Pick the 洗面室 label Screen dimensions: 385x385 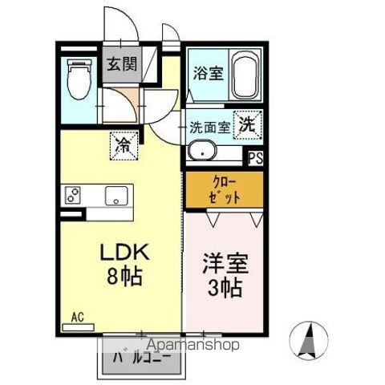(211, 127)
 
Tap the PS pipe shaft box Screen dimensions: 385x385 (256, 158)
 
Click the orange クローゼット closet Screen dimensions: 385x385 (225, 191)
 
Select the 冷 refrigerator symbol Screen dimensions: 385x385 (124, 144)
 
